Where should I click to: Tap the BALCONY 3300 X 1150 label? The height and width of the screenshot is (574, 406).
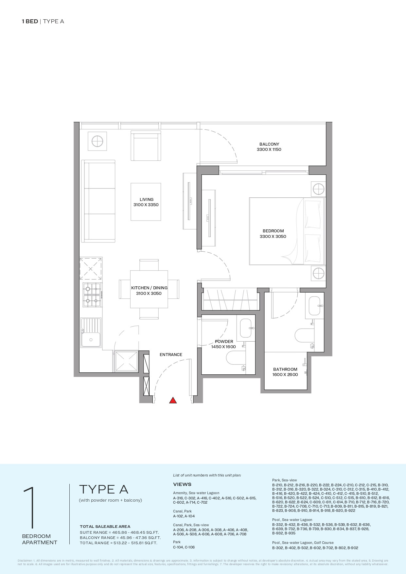point(269,147)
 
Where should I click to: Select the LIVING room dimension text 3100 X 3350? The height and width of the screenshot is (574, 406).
point(146,205)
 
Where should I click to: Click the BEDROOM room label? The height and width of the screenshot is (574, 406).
point(273,231)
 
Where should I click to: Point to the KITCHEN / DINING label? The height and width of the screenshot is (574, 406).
point(149,288)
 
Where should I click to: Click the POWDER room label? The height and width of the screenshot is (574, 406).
point(224,341)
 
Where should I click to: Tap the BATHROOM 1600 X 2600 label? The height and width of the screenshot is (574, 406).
point(285,372)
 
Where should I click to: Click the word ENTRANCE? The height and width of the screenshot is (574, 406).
point(171,354)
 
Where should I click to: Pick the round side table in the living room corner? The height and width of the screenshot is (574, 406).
point(97,141)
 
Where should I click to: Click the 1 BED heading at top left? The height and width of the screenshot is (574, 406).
point(30,22)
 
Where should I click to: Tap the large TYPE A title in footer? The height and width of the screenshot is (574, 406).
point(104,489)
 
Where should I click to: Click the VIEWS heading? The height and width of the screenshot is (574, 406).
point(182,484)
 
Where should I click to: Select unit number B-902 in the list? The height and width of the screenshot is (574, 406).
point(353,548)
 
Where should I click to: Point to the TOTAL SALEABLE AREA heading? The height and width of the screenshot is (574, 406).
point(105,527)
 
